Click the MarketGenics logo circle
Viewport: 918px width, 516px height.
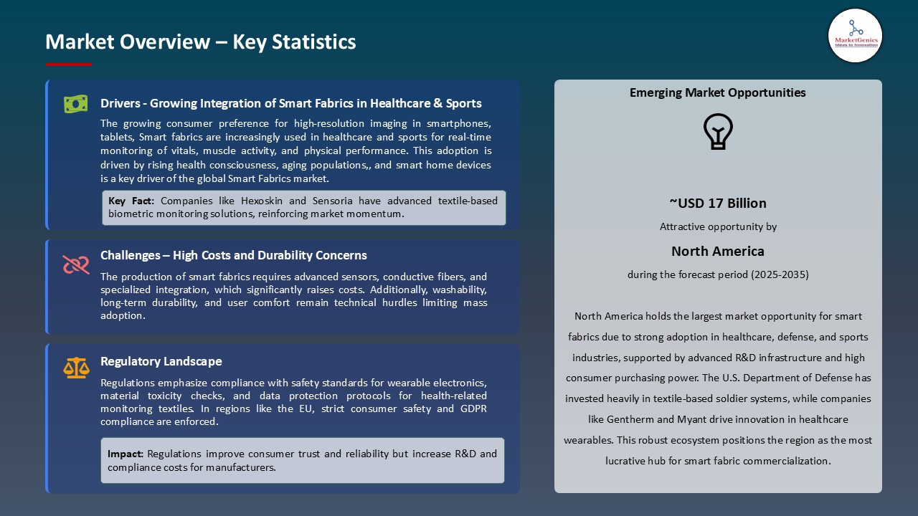pos(855,35)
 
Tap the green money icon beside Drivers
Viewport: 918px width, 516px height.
pos(75,104)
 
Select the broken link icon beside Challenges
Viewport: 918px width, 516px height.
pos(75,264)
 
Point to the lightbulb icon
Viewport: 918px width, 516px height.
pos(717,132)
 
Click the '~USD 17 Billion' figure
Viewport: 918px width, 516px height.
pos(717,203)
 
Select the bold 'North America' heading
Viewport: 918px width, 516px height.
pos(717,251)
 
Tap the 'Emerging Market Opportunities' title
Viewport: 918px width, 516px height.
pos(717,92)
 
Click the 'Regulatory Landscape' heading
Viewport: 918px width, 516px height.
pos(161,361)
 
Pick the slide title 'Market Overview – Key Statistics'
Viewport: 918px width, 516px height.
pos(200,42)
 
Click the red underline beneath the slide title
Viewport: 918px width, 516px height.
pos(69,64)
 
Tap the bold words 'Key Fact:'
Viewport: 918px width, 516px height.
pos(131,201)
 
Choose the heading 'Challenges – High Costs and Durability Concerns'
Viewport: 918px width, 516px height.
pos(233,255)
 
